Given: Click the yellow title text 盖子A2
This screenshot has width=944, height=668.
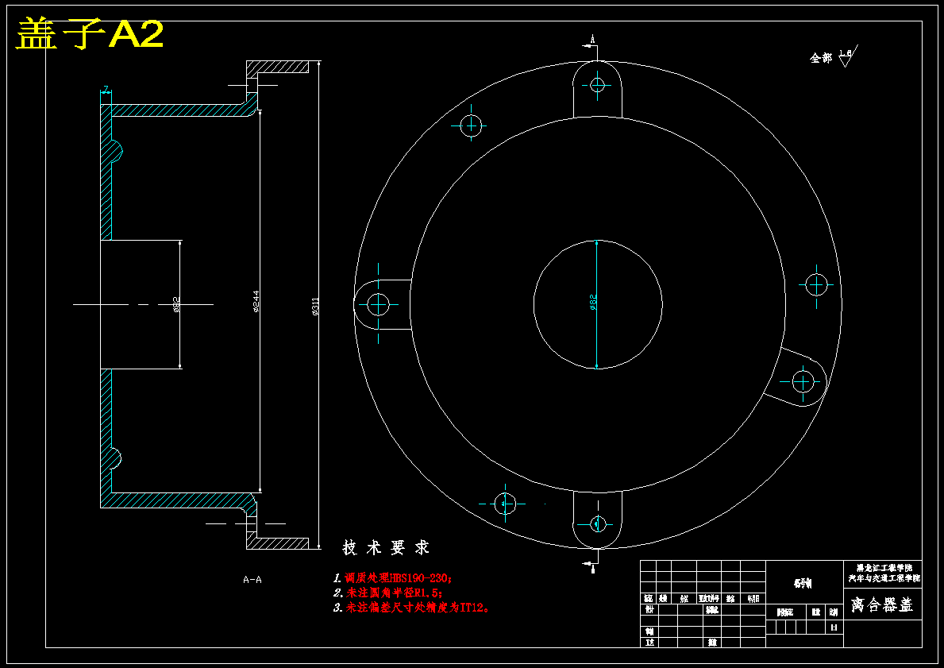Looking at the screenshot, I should pos(90,34).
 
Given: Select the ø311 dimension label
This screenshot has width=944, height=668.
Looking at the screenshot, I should pos(315,307).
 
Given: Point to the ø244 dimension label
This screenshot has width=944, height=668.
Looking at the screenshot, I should pos(256,302).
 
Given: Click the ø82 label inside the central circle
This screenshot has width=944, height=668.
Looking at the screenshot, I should pos(592,303).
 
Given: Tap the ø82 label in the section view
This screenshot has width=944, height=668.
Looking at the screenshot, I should pos(176,303).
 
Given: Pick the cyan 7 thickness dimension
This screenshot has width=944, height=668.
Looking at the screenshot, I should pos(106,89).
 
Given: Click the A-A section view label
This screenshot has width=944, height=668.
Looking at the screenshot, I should pos(252,580).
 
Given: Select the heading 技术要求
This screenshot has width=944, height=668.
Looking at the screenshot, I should pos(386,548).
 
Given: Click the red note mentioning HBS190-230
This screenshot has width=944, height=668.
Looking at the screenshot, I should pos(392,578).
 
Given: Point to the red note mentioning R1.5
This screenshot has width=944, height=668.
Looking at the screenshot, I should pos(387,593).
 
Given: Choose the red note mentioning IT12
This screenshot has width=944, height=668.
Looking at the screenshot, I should pos(412,608).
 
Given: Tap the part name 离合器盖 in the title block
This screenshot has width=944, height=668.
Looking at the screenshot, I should pos(881,605).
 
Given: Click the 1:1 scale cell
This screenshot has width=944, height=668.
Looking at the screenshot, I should pos(834,627).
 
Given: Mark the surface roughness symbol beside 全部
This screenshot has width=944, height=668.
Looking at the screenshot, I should pos(846,56).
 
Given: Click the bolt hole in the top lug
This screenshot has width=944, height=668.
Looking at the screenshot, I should pos(598,85).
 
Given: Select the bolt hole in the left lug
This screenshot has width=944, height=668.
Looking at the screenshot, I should pos(378,303).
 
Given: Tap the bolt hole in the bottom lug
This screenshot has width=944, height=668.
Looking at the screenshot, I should pos(597,523).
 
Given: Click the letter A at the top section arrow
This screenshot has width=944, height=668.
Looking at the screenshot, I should pos(592,38).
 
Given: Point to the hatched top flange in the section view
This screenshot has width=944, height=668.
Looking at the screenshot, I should pos(277,67).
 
